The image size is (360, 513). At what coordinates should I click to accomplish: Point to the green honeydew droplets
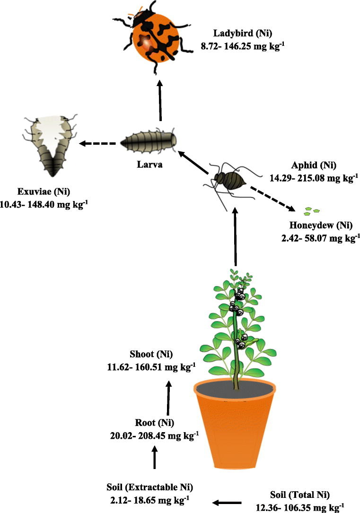(312, 209)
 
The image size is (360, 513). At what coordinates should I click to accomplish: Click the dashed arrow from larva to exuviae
(97, 143)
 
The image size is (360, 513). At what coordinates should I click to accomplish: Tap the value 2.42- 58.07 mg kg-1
(317, 238)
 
